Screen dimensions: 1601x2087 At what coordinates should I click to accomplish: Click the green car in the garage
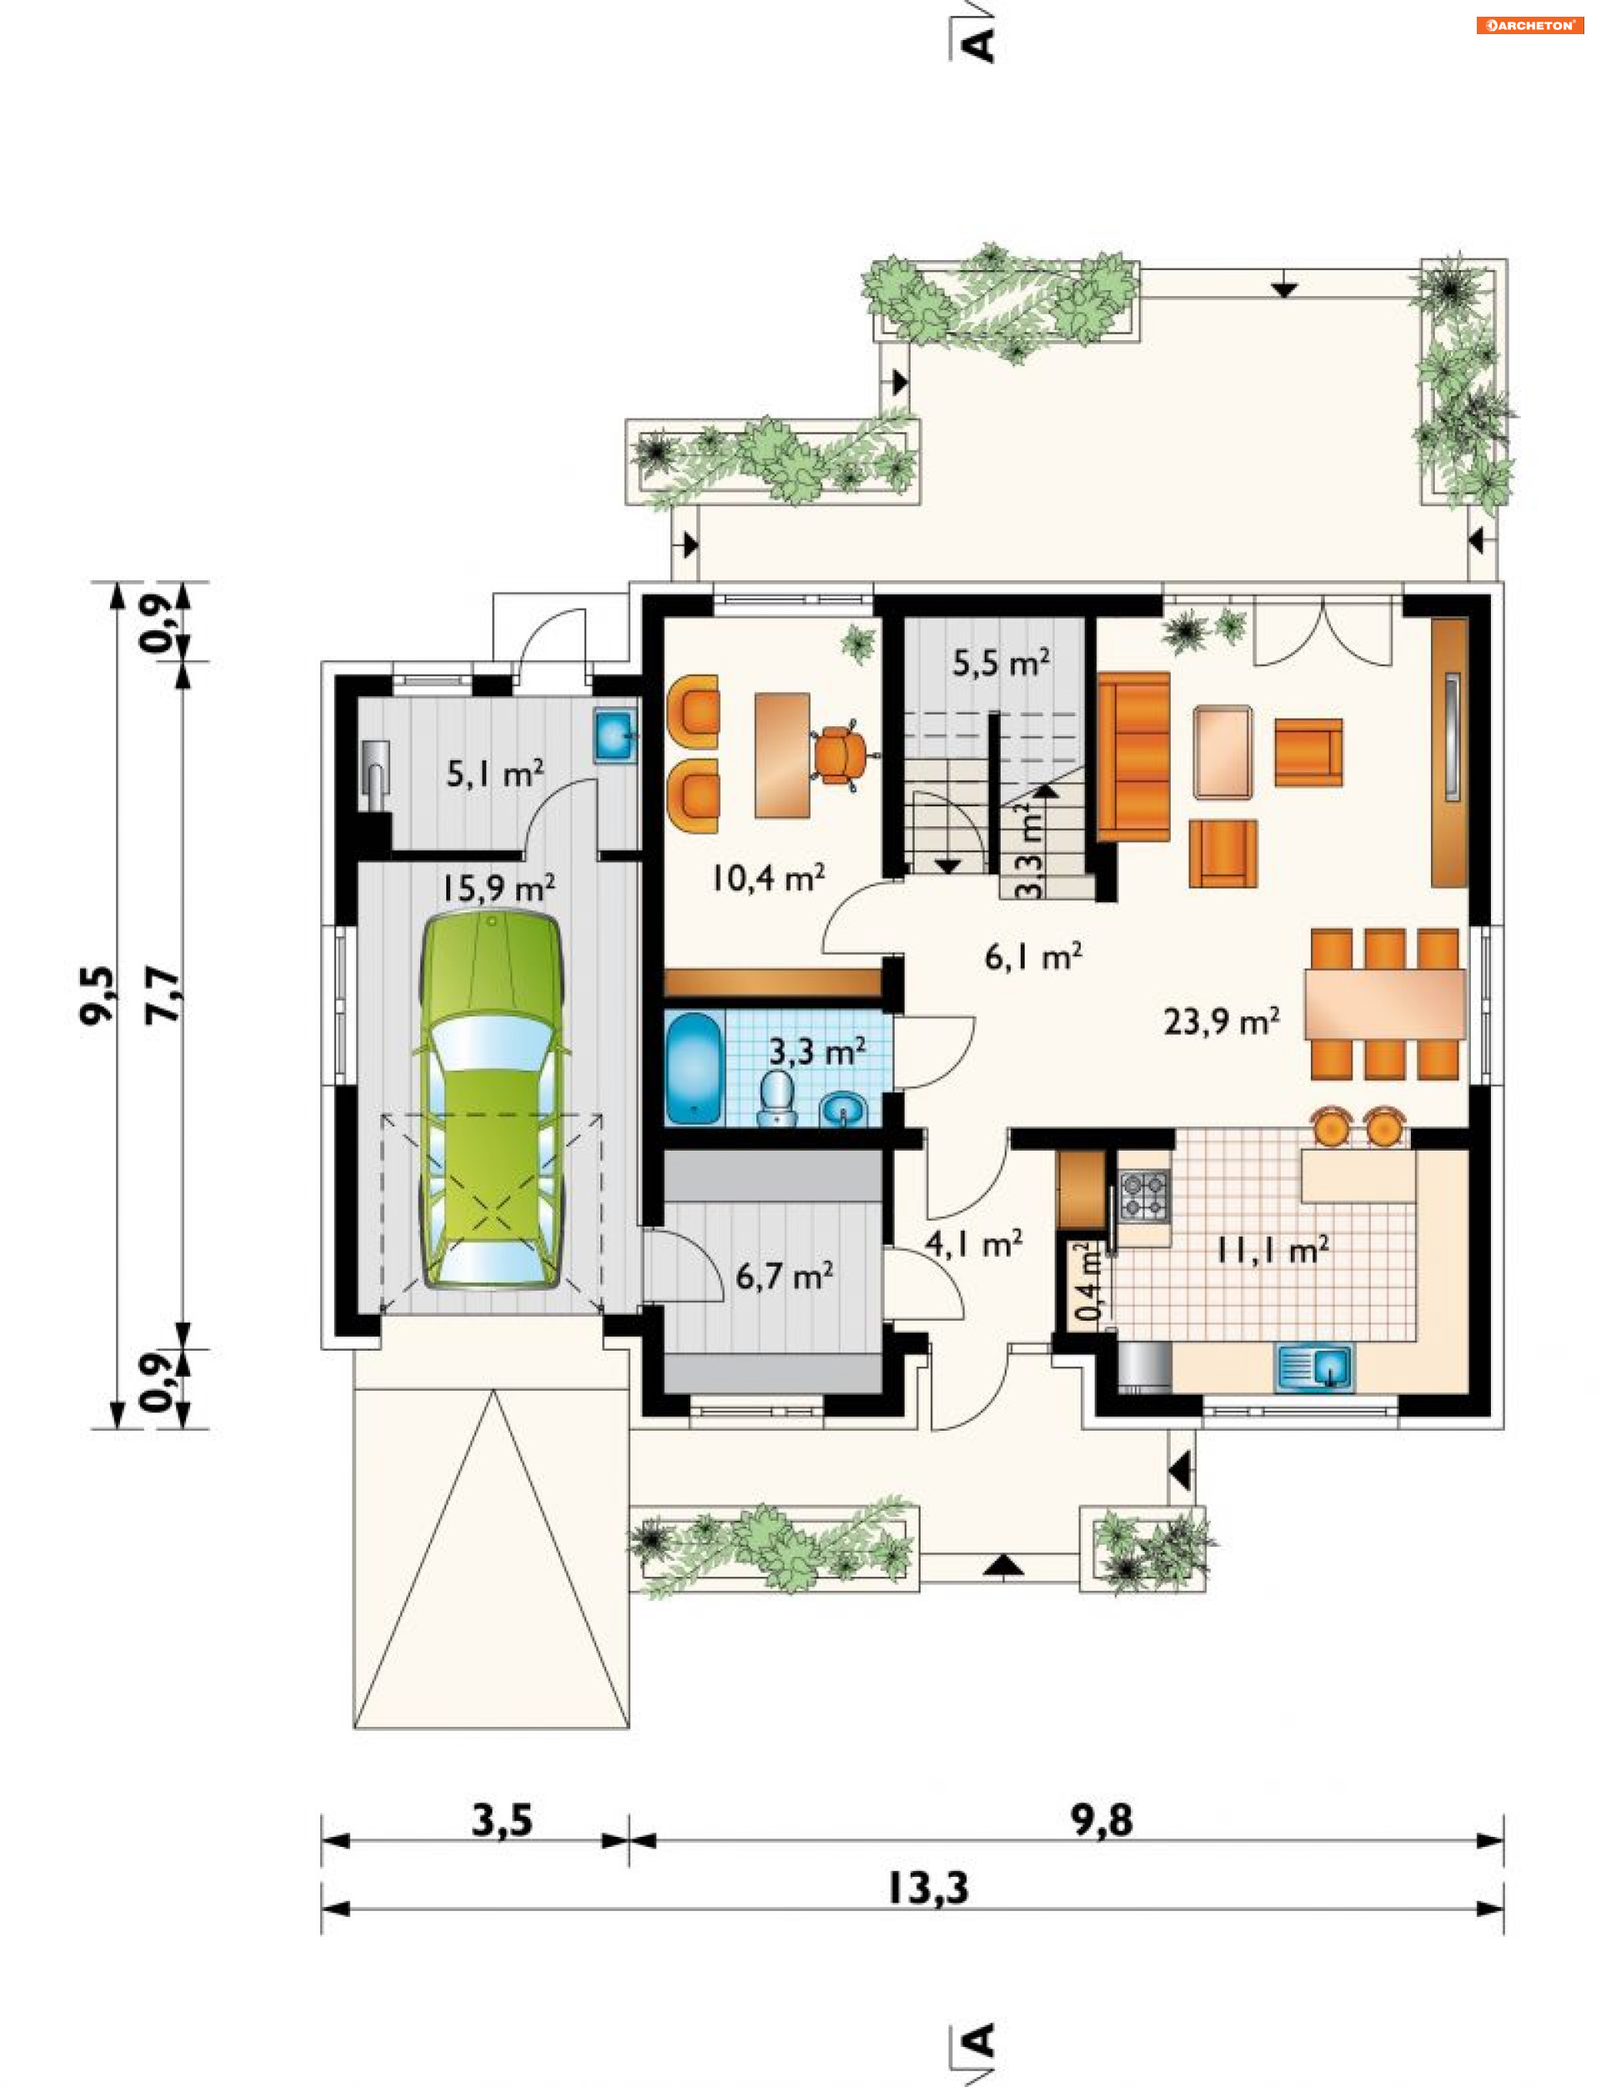(491, 1101)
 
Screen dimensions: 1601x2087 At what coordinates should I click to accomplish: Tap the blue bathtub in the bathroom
(695, 1067)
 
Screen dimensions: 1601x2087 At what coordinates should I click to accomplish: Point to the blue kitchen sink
(1314, 1367)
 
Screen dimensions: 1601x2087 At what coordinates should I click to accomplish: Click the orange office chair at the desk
(841, 754)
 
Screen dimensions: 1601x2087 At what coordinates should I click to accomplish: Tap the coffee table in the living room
(1223, 752)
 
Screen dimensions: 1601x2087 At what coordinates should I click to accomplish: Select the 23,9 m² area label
(1221, 1022)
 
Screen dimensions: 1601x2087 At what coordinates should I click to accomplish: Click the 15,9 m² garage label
(498, 889)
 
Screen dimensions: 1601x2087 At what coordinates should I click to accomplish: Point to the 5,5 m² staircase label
(1001, 662)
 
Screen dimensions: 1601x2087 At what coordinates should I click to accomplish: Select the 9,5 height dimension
(98, 995)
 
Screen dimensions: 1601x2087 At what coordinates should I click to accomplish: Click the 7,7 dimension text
(163, 995)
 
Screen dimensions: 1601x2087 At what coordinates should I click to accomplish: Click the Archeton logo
(1529, 26)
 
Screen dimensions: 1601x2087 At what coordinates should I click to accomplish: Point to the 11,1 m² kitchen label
(1272, 1251)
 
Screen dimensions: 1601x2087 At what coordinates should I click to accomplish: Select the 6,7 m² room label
(785, 1275)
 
